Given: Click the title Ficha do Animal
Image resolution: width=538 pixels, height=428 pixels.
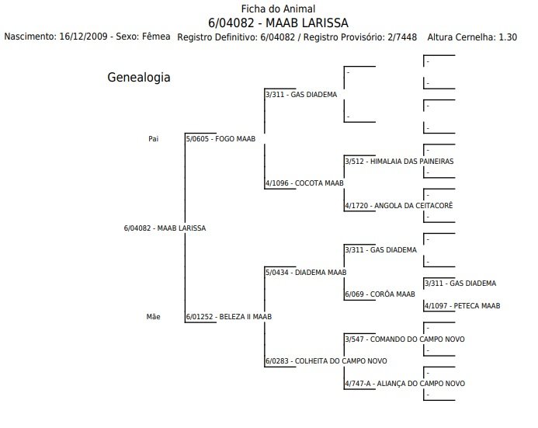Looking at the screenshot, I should (268, 9).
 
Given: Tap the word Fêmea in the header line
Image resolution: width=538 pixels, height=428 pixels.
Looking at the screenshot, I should (156, 37).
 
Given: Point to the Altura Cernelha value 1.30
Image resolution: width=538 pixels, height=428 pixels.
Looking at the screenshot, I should (508, 37).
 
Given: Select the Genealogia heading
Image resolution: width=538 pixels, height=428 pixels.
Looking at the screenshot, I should (138, 78).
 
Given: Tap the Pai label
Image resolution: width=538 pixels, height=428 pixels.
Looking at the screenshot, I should (153, 139).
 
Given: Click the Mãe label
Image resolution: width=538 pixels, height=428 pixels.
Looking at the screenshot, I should (153, 317).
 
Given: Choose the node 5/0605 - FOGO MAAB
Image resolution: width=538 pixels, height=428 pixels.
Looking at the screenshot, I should (220, 139).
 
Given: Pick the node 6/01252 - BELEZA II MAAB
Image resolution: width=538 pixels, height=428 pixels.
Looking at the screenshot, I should (227, 317).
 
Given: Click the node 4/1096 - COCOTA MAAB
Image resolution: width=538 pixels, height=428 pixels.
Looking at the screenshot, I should (304, 183).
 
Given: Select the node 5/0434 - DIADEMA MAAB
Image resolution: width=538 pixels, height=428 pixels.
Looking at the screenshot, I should (305, 273).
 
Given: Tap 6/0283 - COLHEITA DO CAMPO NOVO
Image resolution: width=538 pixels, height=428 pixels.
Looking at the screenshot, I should (325, 361).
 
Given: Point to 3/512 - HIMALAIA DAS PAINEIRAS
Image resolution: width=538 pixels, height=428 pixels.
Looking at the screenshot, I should (398, 161).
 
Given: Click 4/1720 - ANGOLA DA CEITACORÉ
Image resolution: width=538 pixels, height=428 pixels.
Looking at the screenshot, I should (397, 205).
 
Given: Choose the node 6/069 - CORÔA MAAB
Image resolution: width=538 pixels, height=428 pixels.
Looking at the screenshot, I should (380, 294).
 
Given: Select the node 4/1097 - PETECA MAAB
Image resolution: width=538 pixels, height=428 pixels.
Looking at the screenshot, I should (461, 306).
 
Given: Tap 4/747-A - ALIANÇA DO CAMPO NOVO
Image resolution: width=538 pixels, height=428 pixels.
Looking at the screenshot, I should (404, 384).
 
